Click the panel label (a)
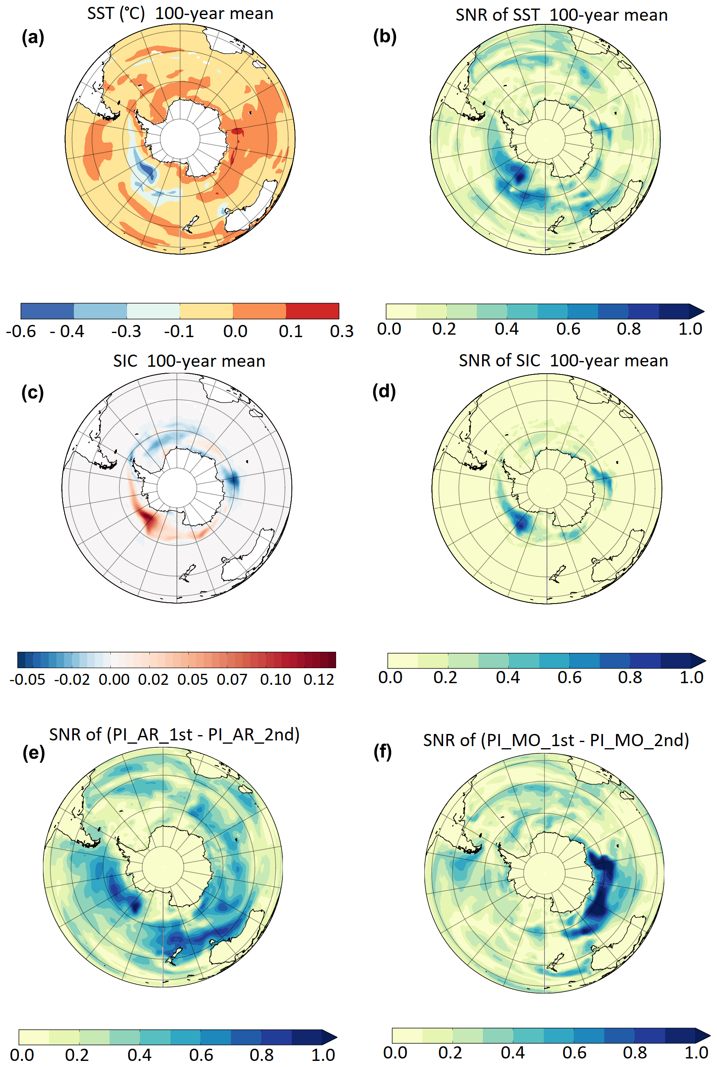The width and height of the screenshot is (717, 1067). click(x=33, y=37)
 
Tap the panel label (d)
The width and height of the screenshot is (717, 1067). click(x=384, y=392)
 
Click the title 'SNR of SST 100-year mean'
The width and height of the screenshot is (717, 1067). click(x=562, y=15)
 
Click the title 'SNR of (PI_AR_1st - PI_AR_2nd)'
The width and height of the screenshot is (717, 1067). click(x=174, y=734)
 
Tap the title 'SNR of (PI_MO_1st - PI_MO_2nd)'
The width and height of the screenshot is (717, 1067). click(x=556, y=740)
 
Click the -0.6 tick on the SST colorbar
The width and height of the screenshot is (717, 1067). click(x=21, y=331)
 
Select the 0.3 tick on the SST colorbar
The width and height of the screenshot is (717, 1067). click(x=342, y=331)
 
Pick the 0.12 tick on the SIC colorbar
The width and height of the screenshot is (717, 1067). click(x=319, y=679)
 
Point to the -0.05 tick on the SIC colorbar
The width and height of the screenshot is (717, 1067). click(x=28, y=679)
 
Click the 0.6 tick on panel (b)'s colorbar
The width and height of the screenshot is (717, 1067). click(x=568, y=329)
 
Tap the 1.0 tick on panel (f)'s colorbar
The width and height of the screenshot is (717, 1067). click(x=696, y=1052)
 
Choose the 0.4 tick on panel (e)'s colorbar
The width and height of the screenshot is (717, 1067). click(x=140, y=1055)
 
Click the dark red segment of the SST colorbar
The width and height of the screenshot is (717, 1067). click(x=312, y=311)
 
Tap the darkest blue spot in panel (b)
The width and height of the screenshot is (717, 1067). click(x=519, y=176)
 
